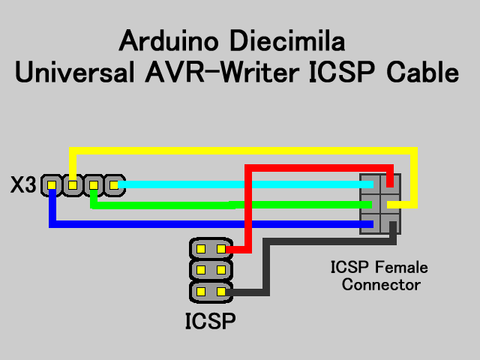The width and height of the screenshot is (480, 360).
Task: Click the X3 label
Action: click(22, 185)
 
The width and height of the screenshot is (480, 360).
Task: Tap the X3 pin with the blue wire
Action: click(52, 184)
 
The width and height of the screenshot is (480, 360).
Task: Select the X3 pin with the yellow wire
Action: click(73, 184)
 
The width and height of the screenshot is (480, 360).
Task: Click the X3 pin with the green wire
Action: click(93, 184)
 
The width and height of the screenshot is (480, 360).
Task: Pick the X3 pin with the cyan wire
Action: click(113, 184)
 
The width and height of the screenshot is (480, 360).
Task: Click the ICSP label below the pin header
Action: click(211, 322)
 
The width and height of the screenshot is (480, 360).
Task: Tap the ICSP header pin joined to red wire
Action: click(221, 249)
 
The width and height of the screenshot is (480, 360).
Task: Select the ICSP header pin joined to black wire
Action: click(221, 291)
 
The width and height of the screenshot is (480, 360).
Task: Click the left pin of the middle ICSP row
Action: click(201, 270)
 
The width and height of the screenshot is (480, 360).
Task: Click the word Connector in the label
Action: click(381, 285)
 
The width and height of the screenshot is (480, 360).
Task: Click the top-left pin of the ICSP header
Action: click(201, 249)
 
